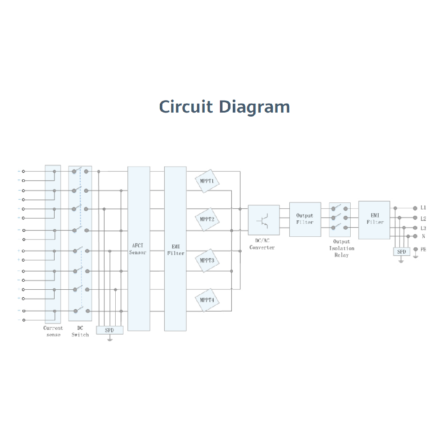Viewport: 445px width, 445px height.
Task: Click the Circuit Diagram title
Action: pyautogui.click(x=225, y=107)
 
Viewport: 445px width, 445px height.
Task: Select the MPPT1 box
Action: pyautogui.click(x=207, y=181)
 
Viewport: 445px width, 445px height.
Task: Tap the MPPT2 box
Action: pyautogui.click(x=207, y=219)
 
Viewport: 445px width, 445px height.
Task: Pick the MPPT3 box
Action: pyautogui.click(x=207, y=260)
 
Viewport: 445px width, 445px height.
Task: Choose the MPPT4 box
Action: pyautogui.click(x=207, y=300)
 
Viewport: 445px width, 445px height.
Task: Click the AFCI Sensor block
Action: pyautogui.click(x=138, y=249)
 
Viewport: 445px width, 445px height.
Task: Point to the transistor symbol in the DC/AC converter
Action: pyautogui.click(x=263, y=220)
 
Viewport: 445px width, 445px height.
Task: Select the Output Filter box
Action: pyautogui.click(x=305, y=219)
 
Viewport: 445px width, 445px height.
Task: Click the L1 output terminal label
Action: pyautogui.click(x=423, y=208)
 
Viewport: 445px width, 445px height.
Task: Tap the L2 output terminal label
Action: pyautogui.click(x=423, y=218)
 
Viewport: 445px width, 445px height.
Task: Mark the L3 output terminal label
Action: pyautogui.click(x=423, y=228)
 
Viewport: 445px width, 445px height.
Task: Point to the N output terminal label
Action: pyautogui.click(x=423, y=236)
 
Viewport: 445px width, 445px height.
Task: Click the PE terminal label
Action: pyautogui.click(x=423, y=250)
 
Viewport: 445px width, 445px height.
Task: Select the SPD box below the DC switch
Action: pyautogui.click(x=109, y=330)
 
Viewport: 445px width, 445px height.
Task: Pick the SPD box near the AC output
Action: pyautogui.click(x=401, y=252)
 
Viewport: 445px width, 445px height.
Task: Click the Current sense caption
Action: pyautogui.click(x=53, y=331)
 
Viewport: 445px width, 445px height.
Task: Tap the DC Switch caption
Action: pyautogui.click(x=80, y=331)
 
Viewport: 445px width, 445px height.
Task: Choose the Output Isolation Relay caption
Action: pyautogui.click(x=341, y=248)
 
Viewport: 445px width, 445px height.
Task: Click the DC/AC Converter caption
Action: pyautogui.click(x=262, y=244)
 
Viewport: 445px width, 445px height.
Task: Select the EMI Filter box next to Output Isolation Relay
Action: pyautogui.click(x=374, y=219)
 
